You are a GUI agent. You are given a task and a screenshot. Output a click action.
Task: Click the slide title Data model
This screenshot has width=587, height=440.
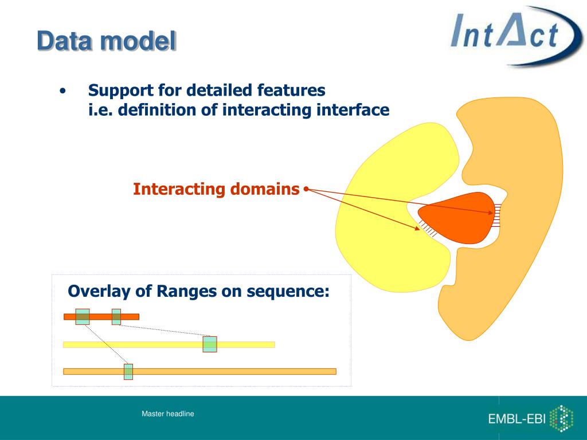pos(107,41)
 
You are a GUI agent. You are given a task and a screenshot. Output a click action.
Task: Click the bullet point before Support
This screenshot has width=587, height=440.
pos(63,91)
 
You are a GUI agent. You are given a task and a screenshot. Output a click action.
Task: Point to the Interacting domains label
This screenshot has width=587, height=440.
pos(216,189)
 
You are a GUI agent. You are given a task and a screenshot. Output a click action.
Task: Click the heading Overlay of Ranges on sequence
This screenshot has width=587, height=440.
pos(198,291)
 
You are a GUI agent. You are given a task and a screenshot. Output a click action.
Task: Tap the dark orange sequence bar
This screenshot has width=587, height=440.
pos(101,317)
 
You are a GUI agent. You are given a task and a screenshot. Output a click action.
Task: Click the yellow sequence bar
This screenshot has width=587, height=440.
pos(169,344)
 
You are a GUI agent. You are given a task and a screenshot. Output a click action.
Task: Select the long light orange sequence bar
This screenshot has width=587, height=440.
pos(199,371)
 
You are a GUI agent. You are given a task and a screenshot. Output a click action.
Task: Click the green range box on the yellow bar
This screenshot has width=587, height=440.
pos(210,344)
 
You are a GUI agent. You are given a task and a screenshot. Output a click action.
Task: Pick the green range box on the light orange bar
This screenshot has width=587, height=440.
pos(128,371)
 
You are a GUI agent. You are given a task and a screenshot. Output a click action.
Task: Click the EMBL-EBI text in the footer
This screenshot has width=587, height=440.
pos(516,419)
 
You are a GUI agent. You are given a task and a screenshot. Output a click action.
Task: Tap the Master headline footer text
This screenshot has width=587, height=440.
pos(168,414)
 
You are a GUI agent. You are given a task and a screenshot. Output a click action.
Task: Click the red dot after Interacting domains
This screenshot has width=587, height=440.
pos(306,189)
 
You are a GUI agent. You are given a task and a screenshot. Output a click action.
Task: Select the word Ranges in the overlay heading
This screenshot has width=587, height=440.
pos(187,292)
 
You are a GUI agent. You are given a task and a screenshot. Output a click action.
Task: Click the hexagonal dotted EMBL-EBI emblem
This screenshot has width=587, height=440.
pos(562,419)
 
